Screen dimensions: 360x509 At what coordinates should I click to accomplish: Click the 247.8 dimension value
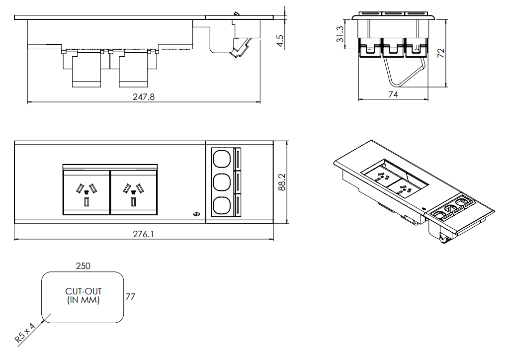click(x=144, y=97)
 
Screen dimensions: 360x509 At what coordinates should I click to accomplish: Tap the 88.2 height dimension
click(x=282, y=182)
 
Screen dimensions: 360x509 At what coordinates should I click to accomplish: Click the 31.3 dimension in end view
click(x=339, y=35)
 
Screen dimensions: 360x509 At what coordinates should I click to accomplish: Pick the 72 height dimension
click(x=440, y=53)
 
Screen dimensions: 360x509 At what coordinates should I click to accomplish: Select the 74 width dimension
click(x=393, y=94)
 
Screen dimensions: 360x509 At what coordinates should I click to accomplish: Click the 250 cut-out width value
click(x=83, y=266)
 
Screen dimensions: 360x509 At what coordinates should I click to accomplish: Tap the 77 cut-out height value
click(x=130, y=297)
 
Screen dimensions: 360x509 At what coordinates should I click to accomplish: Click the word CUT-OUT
click(x=83, y=291)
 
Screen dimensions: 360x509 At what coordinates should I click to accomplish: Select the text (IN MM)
click(x=83, y=300)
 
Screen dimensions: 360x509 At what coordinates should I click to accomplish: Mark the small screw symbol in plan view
click(x=196, y=214)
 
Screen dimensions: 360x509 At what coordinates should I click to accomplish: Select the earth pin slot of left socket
click(x=86, y=202)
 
